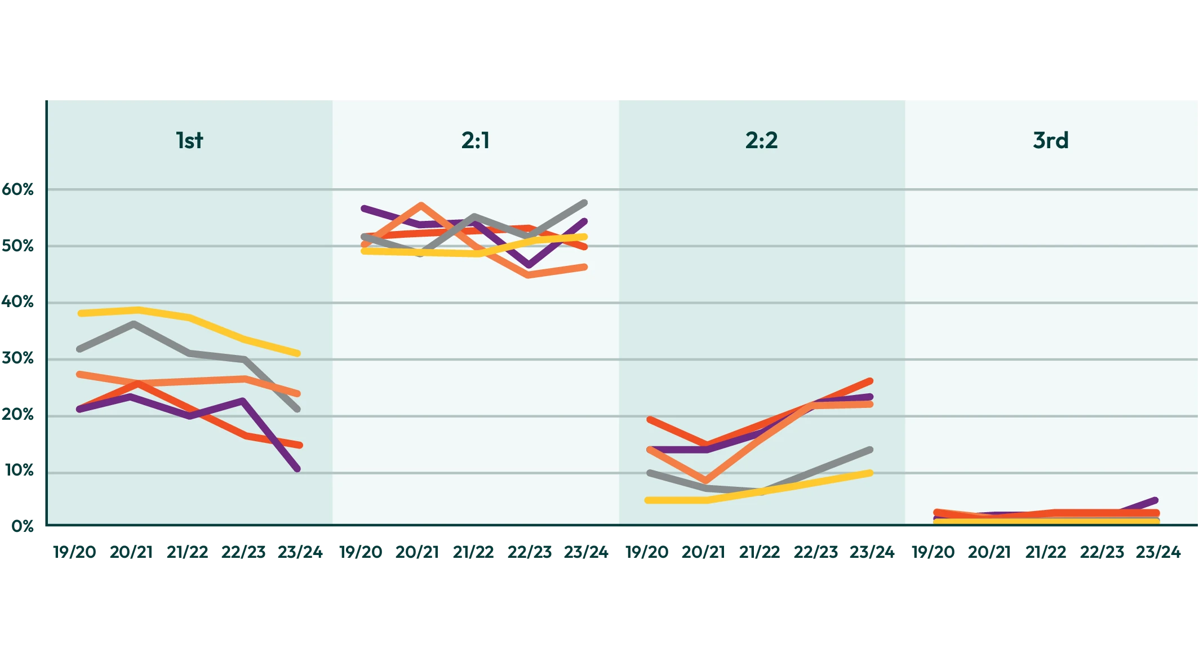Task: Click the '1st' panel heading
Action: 189,140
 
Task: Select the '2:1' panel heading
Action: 476,140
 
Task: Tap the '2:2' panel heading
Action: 761,140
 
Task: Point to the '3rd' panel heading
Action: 1051,140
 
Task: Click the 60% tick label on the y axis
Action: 18,190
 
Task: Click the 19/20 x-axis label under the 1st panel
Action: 75,552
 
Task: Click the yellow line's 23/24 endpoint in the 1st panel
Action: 297,353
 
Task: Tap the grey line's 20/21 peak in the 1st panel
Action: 134,323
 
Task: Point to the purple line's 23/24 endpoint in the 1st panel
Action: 297,469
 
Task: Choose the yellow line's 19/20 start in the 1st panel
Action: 81,313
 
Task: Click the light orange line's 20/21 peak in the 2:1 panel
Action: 421,205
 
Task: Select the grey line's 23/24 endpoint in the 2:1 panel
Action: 585,202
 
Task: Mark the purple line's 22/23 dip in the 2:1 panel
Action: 529,265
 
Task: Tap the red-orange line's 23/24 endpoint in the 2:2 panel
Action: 871,381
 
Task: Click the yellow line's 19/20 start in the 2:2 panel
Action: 648,500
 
